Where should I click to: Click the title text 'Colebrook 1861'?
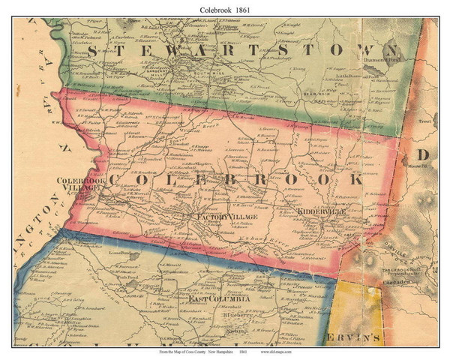pos(225,7)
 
